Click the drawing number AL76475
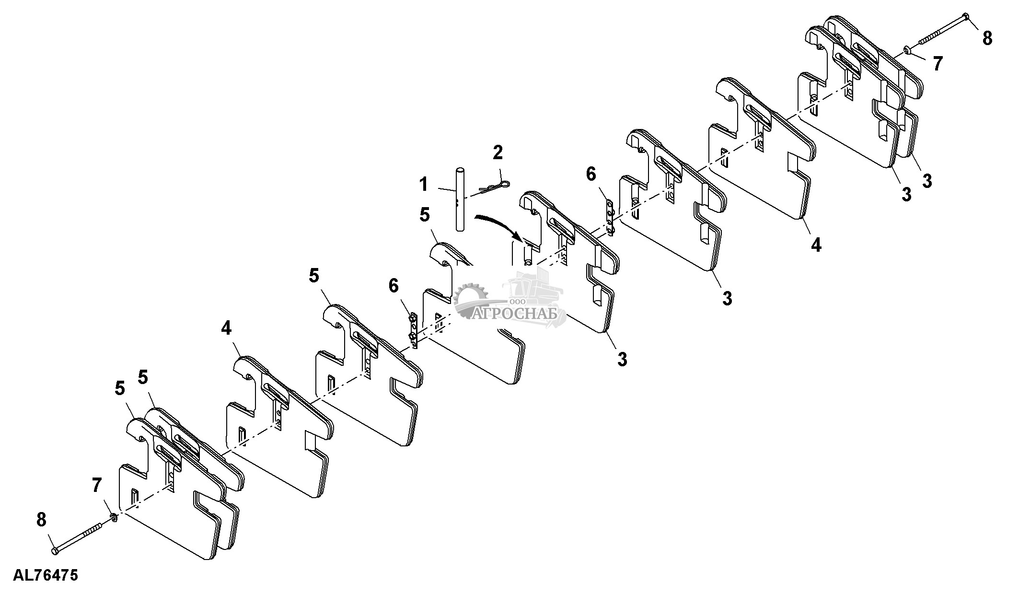(x=46, y=575)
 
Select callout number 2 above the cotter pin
(x=498, y=153)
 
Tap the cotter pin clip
(x=494, y=187)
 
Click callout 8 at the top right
(x=987, y=38)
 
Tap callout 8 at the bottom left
(x=42, y=519)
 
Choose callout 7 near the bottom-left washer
(x=97, y=485)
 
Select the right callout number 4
(x=816, y=245)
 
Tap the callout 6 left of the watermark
(x=393, y=286)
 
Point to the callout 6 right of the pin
(x=591, y=175)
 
